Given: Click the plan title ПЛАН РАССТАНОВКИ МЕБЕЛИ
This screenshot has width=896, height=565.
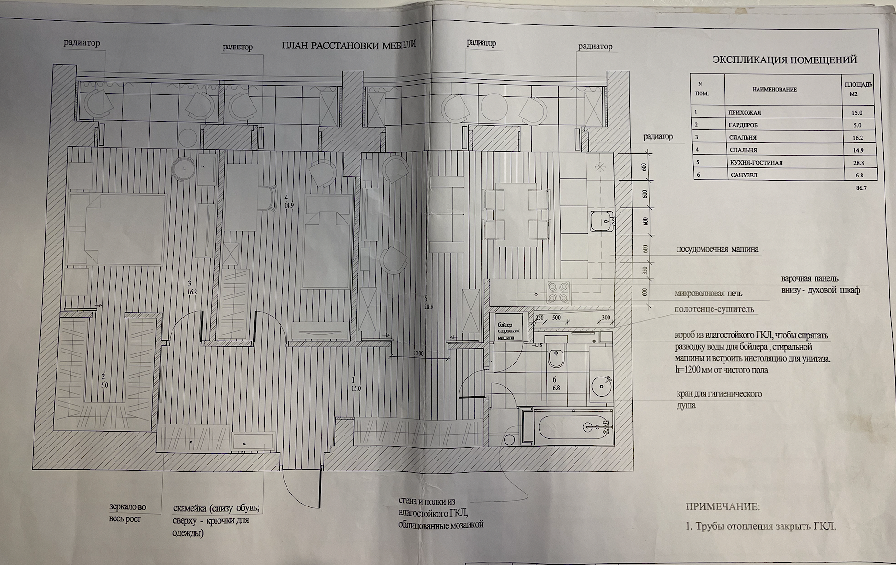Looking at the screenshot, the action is [348, 45].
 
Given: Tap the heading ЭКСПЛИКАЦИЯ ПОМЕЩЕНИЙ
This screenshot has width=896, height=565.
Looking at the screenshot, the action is [785, 60].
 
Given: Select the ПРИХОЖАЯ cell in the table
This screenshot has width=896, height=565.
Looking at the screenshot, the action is [745, 113].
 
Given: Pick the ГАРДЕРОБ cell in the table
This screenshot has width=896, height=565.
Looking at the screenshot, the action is [743, 125].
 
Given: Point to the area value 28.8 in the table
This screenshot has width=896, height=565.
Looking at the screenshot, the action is [857, 163].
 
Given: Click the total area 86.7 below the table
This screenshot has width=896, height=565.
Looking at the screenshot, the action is [861, 188].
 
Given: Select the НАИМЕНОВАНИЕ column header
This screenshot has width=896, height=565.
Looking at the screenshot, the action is [774, 90].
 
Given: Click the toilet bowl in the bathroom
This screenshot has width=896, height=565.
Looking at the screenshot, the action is [556, 357].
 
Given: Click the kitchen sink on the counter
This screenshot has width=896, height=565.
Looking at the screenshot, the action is [601, 222].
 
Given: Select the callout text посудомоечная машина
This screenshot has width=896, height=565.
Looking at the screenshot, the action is [717, 249].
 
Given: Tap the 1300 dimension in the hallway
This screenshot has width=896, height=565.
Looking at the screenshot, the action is [418, 353].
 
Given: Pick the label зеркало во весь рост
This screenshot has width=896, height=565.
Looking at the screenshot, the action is [127, 513].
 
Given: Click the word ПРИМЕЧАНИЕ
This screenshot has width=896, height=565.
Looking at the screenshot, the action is [723, 507].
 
